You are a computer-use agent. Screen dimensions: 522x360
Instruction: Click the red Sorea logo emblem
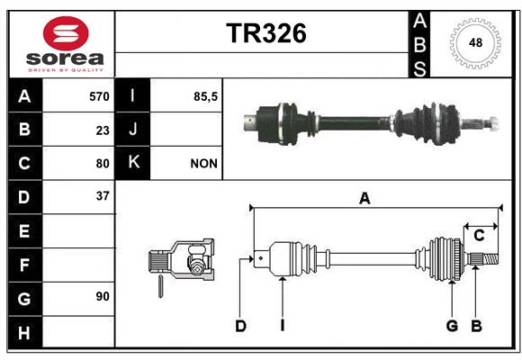click(66, 33)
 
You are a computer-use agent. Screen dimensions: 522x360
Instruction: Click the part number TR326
click(266, 33)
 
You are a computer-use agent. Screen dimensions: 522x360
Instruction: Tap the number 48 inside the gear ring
click(475, 42)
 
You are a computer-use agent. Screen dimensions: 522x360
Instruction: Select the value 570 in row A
click(99, 96)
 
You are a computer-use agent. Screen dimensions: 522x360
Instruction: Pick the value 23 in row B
click(103, 130)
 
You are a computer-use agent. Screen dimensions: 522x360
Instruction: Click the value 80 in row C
click(103, 164)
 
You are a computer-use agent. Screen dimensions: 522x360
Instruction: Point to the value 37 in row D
click(103, 196)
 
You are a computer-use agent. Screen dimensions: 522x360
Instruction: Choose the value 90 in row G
click(103, 296)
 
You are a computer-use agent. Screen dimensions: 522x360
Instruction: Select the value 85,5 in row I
click(205, 96)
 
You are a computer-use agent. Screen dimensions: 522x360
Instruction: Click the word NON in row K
click(203, 164)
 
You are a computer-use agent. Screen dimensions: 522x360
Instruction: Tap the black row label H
click(24, 333)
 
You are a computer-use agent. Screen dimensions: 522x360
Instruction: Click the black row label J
click(132, 129)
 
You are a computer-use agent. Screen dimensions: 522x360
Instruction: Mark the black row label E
click(24, 230)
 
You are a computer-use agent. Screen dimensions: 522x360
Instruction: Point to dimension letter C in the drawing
click(479, 236)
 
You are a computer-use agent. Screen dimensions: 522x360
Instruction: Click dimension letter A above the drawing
click(364, 199)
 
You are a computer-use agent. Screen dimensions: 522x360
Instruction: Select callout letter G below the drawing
click(452, 326)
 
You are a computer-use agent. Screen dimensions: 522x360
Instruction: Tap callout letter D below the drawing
click(240, 326)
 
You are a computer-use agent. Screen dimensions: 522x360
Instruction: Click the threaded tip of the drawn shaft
click(490, 259)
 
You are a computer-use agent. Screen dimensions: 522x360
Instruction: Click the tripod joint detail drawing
click(182, 263)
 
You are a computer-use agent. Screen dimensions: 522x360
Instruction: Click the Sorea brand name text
click(65, 58)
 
